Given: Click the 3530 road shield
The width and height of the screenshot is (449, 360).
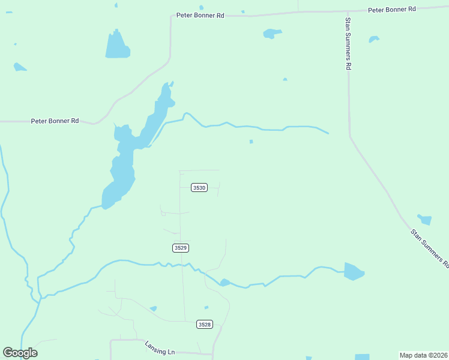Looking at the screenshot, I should pyautogui.click(x=199, y=188).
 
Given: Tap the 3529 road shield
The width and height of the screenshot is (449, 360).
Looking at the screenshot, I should pyautogui.click(x=181, y=248).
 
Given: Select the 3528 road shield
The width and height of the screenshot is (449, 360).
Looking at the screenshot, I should pyautogui.click(x=205, y=325).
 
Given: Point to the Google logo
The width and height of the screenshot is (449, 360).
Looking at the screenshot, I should pyautogui.click(x=20, y=353).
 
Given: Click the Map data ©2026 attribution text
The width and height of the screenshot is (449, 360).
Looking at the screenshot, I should pyautogui.click(x=423, y=355).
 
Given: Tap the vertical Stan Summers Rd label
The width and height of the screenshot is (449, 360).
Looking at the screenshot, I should pyautogui.click(x=347, y=44).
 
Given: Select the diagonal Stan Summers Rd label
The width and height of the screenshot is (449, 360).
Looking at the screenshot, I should pyautogui.click(x=430, y=247).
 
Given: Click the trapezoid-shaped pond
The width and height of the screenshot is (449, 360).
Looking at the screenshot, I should pyautogui.click(x=117, y=46).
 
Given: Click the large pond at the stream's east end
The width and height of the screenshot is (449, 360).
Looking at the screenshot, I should pyautogui.click(x=353, y=271).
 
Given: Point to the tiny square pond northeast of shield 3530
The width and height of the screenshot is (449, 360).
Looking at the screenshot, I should pyautogui.click(x=251, y=142).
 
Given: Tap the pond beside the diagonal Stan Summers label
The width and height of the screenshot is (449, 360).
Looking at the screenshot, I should pyautogui.click(x=425, y=220).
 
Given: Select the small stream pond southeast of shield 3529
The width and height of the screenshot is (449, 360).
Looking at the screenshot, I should pyautogui.click(x=224, y=282).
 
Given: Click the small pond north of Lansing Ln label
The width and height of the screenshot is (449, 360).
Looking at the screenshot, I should pyautogui.click(x=154, y=308).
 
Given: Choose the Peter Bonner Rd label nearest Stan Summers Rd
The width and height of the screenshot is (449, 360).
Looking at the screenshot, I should pyautogui.click(x=392, y=10).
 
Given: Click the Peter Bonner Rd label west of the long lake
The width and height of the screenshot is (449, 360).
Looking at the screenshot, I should pyautogui.click(x=55, y=121).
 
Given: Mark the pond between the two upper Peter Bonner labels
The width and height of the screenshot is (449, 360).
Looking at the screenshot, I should pyautogui.click(x=272, y=34).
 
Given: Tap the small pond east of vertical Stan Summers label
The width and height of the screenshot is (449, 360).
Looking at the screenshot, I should pyautogui.click(x=373, y=40).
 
